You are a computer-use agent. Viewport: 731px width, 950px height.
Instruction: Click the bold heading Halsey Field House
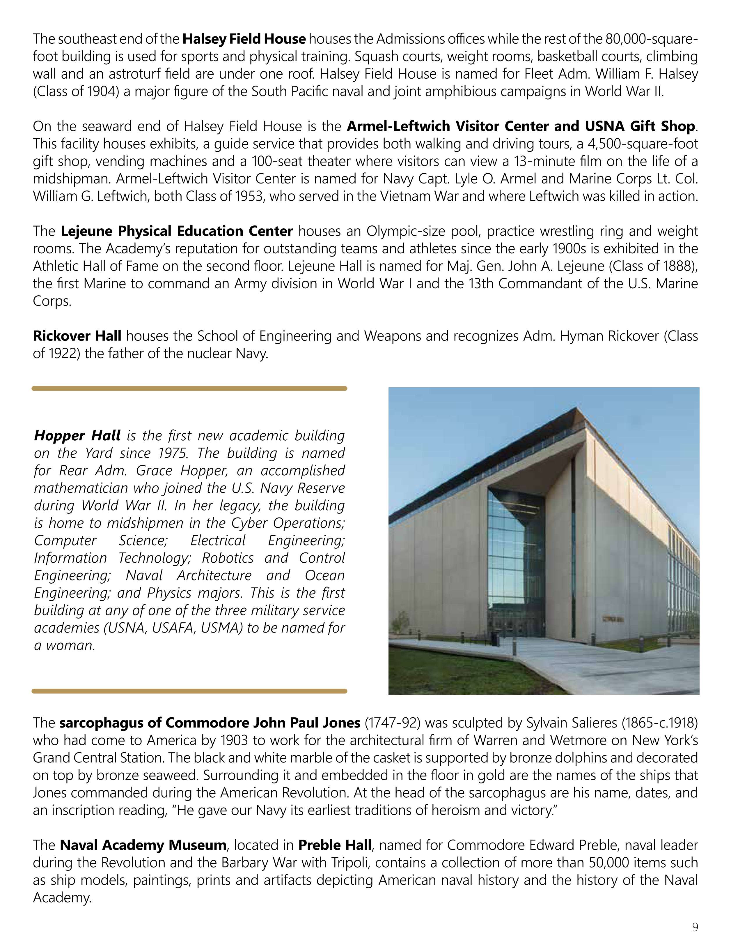click(x=244, y=39)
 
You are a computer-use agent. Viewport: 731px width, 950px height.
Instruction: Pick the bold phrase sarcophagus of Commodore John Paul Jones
click(x=210, y=723)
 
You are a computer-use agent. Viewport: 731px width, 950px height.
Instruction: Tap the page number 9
click(x=695, y=927)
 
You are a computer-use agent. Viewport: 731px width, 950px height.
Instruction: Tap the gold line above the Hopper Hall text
click(x=189, y=389)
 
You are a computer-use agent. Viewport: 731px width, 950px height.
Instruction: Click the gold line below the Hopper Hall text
click(x=189, y=691)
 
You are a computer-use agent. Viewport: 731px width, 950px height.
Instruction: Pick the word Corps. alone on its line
click(x=52, y=301)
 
